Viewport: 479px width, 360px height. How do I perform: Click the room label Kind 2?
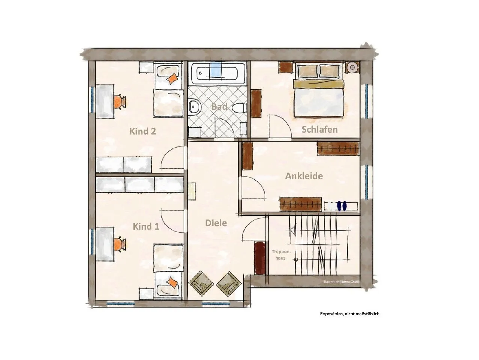143,131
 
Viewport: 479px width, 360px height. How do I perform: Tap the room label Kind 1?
146,227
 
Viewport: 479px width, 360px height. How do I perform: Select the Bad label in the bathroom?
219,107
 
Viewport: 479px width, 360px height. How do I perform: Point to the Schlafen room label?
319,130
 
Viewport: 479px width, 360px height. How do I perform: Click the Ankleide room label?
304,176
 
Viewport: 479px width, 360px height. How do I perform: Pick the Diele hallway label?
216,223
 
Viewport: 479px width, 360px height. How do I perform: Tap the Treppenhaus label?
281,255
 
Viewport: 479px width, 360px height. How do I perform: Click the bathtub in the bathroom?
217,73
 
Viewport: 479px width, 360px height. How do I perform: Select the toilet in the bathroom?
239,108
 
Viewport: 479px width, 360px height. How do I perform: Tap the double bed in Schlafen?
319,90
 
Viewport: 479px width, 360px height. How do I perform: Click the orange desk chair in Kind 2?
119,102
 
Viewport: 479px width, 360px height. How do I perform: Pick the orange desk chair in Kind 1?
119,244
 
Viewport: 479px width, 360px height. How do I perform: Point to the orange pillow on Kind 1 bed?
172,282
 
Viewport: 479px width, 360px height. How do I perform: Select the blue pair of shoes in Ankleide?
342,206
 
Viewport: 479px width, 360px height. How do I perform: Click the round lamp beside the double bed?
352,67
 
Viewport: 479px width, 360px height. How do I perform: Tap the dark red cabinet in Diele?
260,257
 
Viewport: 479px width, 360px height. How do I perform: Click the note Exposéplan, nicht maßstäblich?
349,314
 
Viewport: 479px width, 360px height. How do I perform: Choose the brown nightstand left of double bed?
285,67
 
